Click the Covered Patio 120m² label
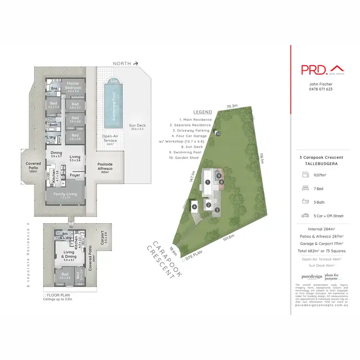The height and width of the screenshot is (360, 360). pyautogui.click(x=34, y=167)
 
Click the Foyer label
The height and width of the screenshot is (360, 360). pyautogui.click(x=75, y=175)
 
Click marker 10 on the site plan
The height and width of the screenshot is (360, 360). pyautogui.click(x=218, y=134)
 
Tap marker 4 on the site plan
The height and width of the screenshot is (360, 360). pyautogui.click(x=194, y=207)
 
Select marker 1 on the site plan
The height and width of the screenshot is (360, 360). pyautogui.click(x=207, y=182)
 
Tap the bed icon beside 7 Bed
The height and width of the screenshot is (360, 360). pyautogui.click(x=306, y=176)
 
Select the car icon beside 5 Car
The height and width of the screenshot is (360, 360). pyautogui.click(x=306, y=216)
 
